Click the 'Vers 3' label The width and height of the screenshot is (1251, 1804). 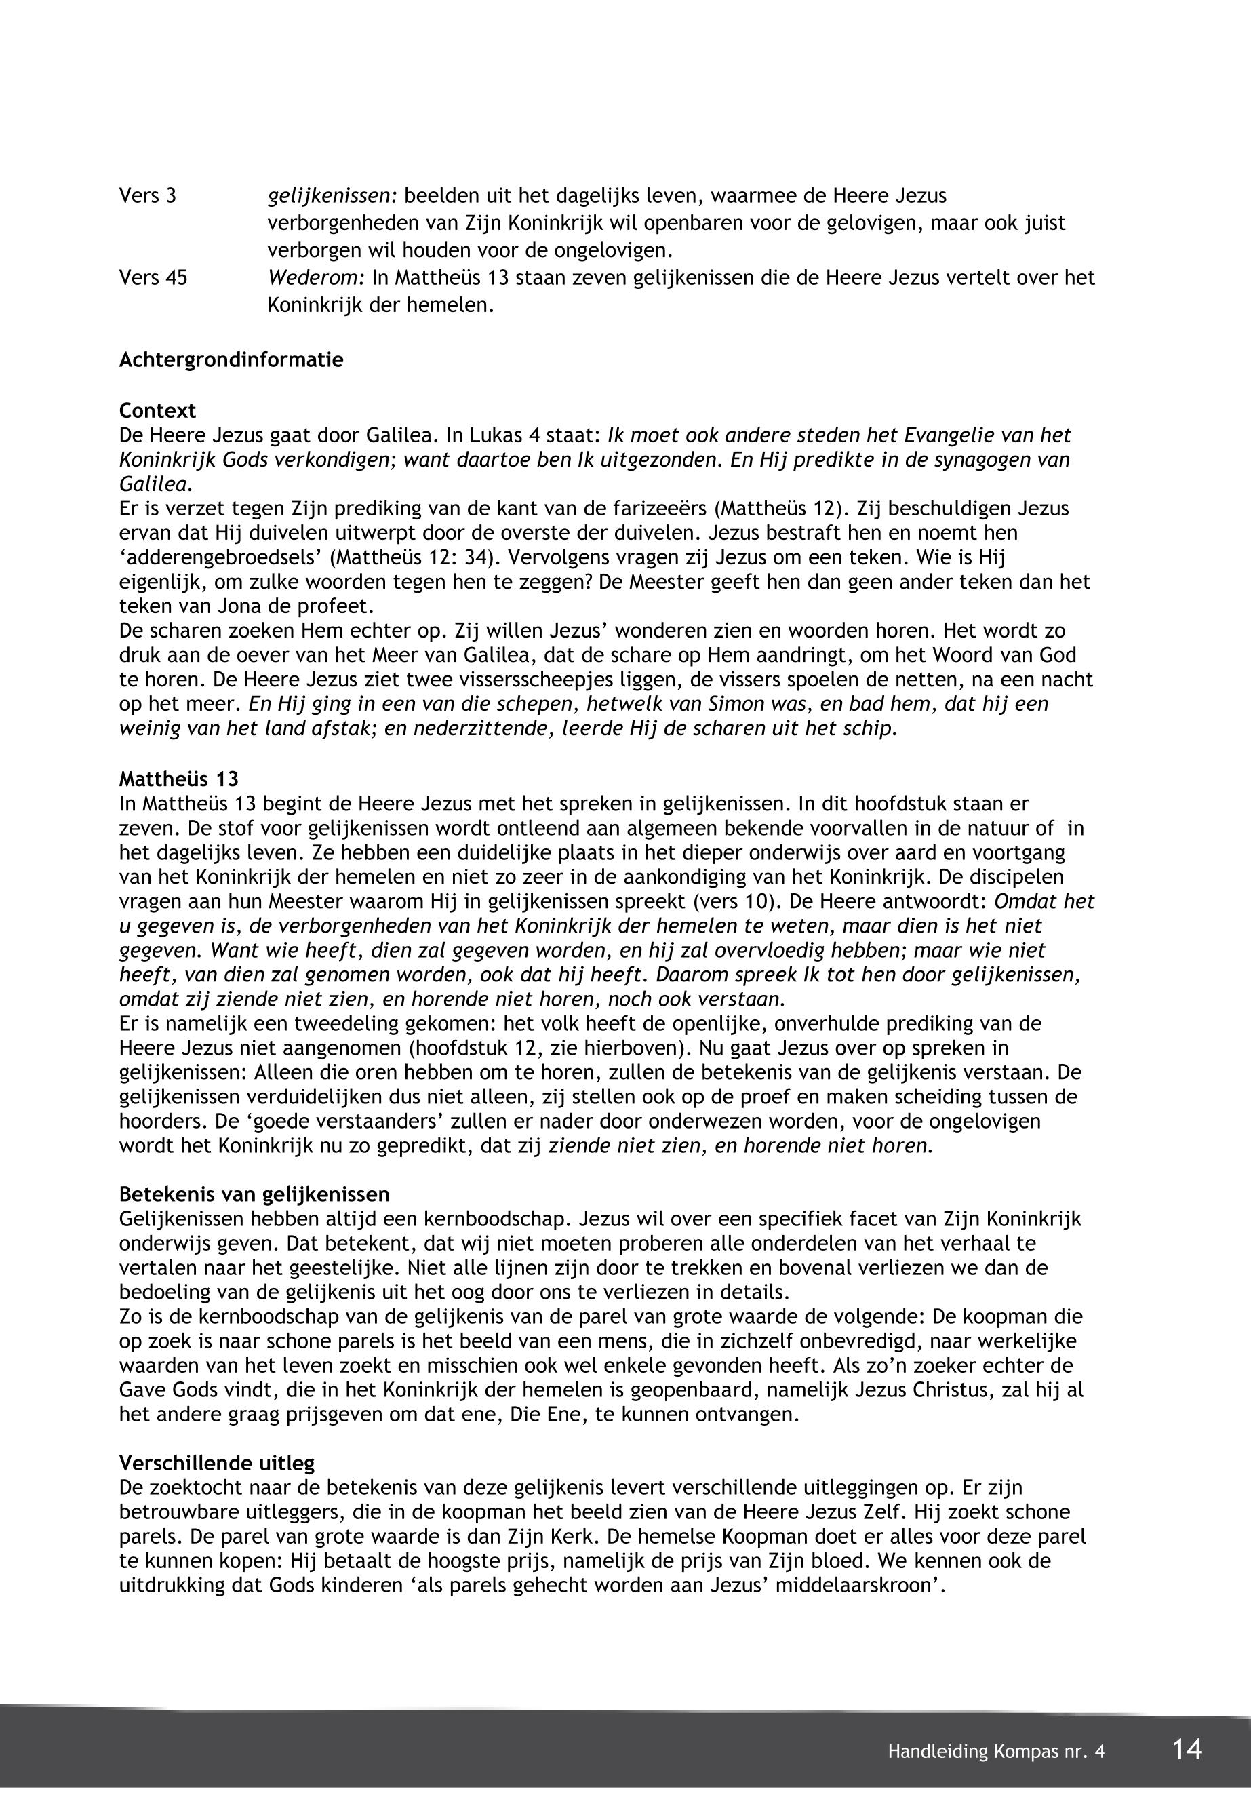(147, 196)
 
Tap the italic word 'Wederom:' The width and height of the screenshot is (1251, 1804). (317, 277)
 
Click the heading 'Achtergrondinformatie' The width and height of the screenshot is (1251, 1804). (231, 361)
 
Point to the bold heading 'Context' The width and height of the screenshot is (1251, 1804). (157, 411)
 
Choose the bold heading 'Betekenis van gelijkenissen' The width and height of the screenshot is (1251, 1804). (254, 1195)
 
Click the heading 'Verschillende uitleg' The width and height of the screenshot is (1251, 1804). (217, 1463)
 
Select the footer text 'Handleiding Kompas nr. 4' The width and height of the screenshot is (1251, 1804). (996, 1752)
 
